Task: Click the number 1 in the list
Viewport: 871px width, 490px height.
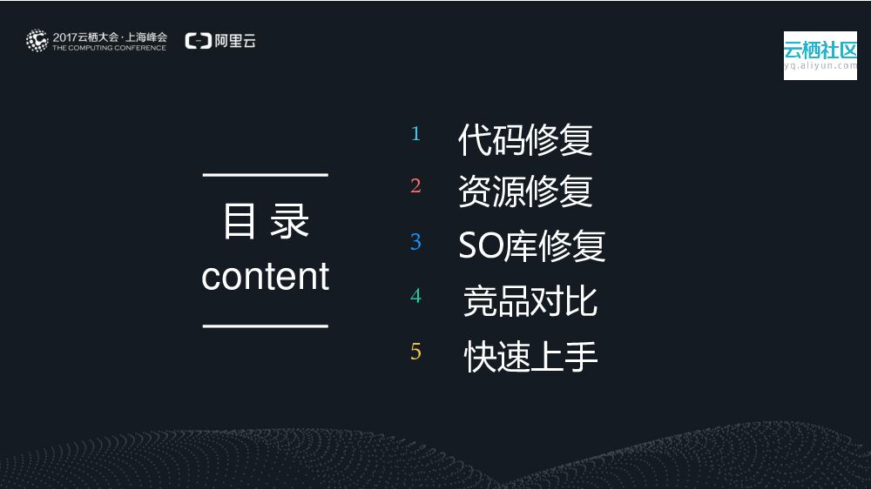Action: click(415, 134)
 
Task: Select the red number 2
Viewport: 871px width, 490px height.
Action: click(415, 185)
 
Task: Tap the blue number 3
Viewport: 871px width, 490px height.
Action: click(415, 241)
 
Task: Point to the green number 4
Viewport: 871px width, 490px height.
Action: click(415, 296)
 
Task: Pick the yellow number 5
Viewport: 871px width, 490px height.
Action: click(415, 352)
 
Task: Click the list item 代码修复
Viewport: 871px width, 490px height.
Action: click(525, 140)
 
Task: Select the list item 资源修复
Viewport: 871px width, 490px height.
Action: click(525, 191)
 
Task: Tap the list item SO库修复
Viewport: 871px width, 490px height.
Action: click(531, 247)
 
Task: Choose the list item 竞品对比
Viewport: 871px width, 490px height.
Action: click(530, 301)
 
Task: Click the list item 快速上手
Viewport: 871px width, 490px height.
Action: click(530, 357)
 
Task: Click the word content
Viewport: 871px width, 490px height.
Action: click(265, 277)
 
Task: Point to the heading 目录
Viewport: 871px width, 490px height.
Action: click(266, 221)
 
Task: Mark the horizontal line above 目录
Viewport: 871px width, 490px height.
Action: click(266, 175)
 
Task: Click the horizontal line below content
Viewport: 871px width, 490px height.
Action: click(266, 326)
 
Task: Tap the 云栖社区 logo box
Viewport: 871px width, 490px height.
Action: click(820, 56)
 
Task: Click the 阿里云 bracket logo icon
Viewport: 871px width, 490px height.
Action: click(198, 41)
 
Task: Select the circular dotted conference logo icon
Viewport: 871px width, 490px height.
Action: click(37, 40)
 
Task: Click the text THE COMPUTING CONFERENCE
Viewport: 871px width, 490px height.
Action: click(109, 48)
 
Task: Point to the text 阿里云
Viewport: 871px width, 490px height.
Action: click(234, 41)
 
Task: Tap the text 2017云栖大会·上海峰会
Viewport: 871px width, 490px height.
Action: click(110, 37)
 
